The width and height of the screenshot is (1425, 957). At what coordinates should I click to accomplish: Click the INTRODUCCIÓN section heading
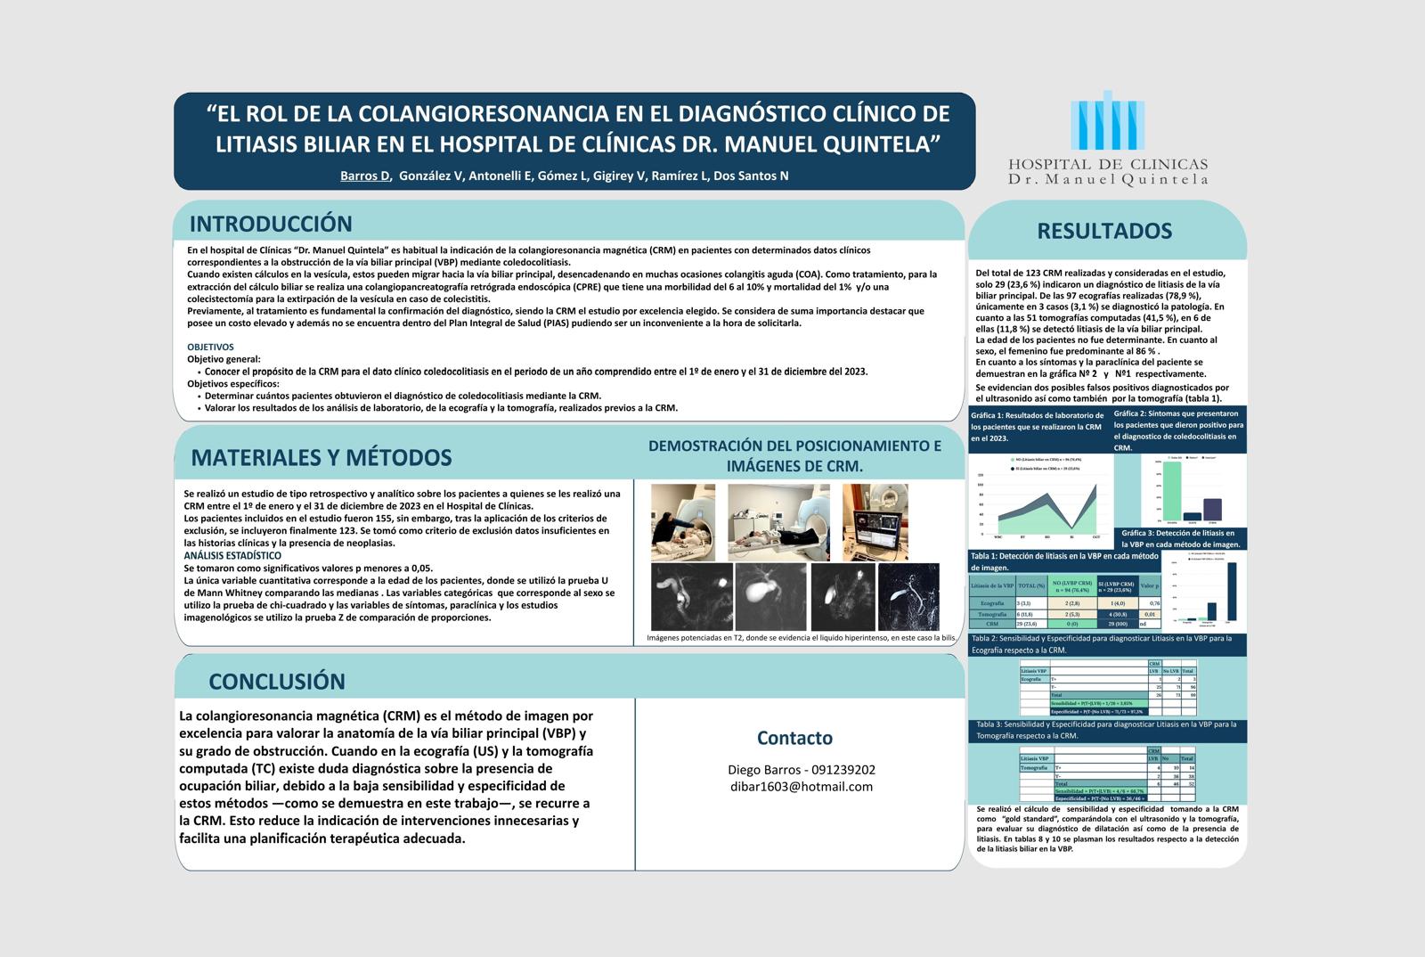tap(271, 224)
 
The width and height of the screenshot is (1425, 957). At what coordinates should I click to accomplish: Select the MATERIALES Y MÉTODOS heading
tap(322, 457)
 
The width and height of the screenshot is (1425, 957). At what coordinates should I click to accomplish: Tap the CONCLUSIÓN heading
tap(277, 682)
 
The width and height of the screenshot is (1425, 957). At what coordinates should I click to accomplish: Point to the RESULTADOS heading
tap(1104, 231)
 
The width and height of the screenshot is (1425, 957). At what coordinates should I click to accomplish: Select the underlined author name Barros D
tap(365, 176)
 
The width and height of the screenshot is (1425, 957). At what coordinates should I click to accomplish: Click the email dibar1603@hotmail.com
tap(801, 787)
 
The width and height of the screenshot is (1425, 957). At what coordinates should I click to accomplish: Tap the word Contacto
tap(794, 738)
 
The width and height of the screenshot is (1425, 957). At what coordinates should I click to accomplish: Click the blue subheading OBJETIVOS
tap(210, 347)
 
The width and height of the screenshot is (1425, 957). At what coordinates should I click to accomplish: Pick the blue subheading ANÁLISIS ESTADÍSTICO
tap(232, 555)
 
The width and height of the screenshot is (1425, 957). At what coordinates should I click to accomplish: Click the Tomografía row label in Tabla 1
tap(991, 614)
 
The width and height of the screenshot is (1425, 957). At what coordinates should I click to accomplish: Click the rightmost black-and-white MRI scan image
tap(908, 596)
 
